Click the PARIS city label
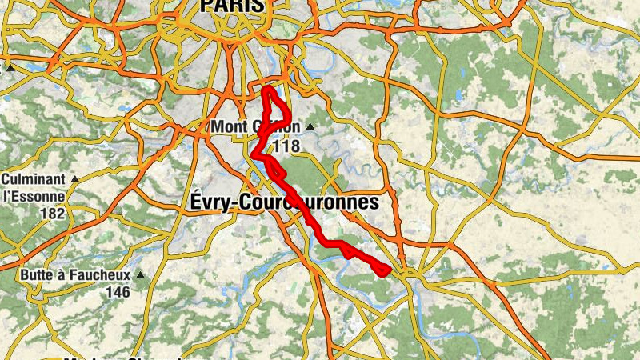[x=232, y=6]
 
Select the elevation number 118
[x=286, y=146]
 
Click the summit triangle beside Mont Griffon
[x=310, y=127]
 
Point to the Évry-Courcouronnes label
[x=285, y=202]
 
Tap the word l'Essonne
[x=33, y=197]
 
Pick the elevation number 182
[x=52, y=214]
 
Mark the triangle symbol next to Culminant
[x=74, y=179]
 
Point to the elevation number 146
[x=118, y=293]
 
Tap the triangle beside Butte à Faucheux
[x=141, y=275]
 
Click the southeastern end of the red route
[x=387, y=270]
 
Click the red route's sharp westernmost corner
[x=254, y=154]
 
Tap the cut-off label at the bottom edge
[x=120, y=357]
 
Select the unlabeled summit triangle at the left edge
[x=11, y=68]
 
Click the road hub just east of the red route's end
[x=408, y=274]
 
